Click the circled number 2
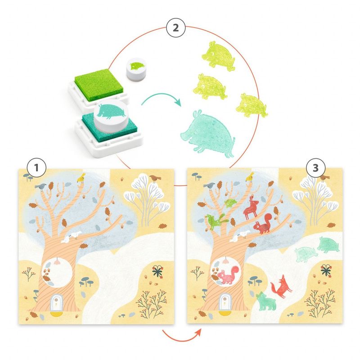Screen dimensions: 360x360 pos(175,28)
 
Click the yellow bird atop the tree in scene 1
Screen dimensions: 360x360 pos(81,177)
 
